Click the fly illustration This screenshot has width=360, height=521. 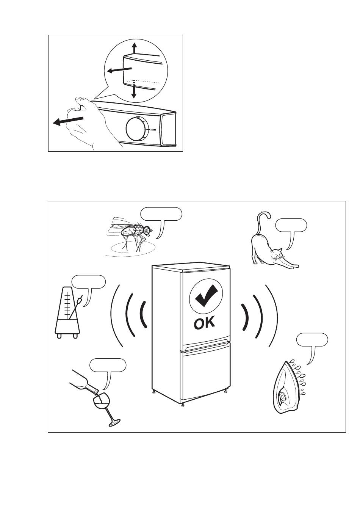pyautogui.click(x=131, y=233)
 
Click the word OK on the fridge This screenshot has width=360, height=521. pyautogui.click(x=204, y=323)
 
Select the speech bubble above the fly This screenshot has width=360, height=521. pyautogui.click(x=161, y=214)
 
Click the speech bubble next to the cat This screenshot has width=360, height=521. pyautogui.click(x=291, y=226)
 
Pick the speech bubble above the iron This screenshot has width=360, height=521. pyautogui.click(x=312, y=340)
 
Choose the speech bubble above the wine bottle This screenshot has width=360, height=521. pyautogui.click(x=108, y=365)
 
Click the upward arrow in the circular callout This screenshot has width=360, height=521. pyautogui.click(x=133, y=49)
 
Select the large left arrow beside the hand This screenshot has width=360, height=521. pyautogui.click(x=68, y=121)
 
